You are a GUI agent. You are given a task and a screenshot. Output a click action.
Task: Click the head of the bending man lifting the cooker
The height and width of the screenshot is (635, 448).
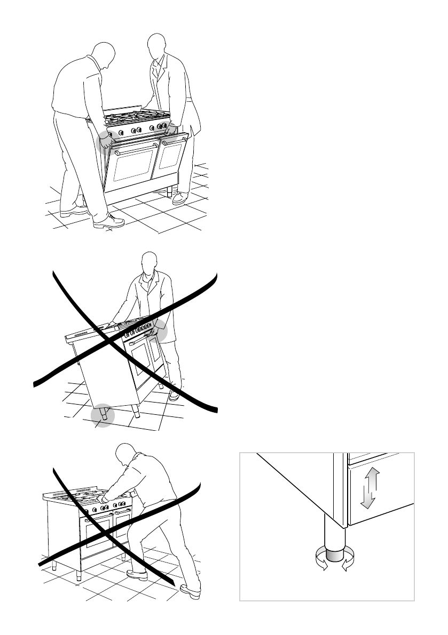click(103, 55)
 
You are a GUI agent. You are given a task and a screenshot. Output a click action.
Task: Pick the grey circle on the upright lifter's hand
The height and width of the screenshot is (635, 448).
click(170, 130)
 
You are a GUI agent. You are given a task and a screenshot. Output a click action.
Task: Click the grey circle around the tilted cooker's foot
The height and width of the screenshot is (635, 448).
click(102, 416)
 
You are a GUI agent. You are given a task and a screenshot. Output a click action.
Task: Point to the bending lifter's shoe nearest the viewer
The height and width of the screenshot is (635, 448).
click(108, 221)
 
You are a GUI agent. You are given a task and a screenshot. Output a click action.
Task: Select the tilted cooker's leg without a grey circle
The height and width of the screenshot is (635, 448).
click(136, 412)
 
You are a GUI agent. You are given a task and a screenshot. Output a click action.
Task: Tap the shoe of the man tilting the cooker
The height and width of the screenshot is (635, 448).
click(174, 395)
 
